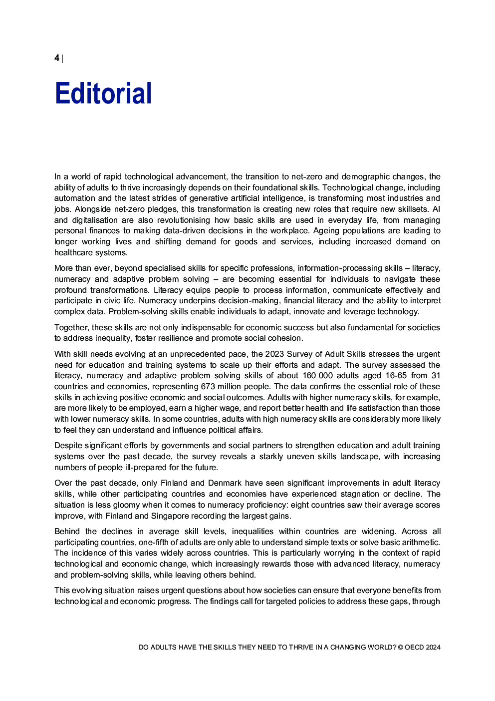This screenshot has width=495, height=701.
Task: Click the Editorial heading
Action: coord(103,93)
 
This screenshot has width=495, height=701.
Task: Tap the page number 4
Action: coord(57,58)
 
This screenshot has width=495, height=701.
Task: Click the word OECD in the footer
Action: coord(414,647)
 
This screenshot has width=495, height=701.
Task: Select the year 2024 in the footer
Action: coord(433,647)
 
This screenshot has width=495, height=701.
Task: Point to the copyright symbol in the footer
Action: coord(401,647)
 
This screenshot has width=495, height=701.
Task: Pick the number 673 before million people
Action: coord(208,386)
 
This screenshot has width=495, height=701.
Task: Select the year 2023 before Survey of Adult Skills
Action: coord(274,354)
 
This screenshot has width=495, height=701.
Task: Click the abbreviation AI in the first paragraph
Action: coord(436,209)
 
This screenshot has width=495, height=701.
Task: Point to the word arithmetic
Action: coord(420,542)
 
